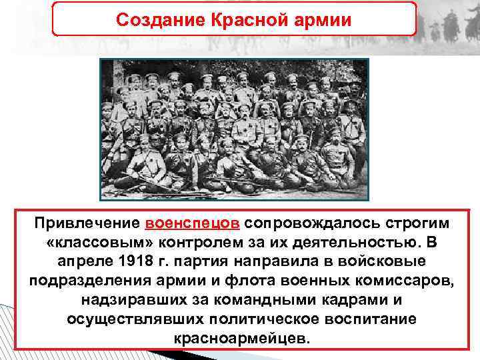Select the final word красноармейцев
[x=241, y=337]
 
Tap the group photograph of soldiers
[x=234, y=129]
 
